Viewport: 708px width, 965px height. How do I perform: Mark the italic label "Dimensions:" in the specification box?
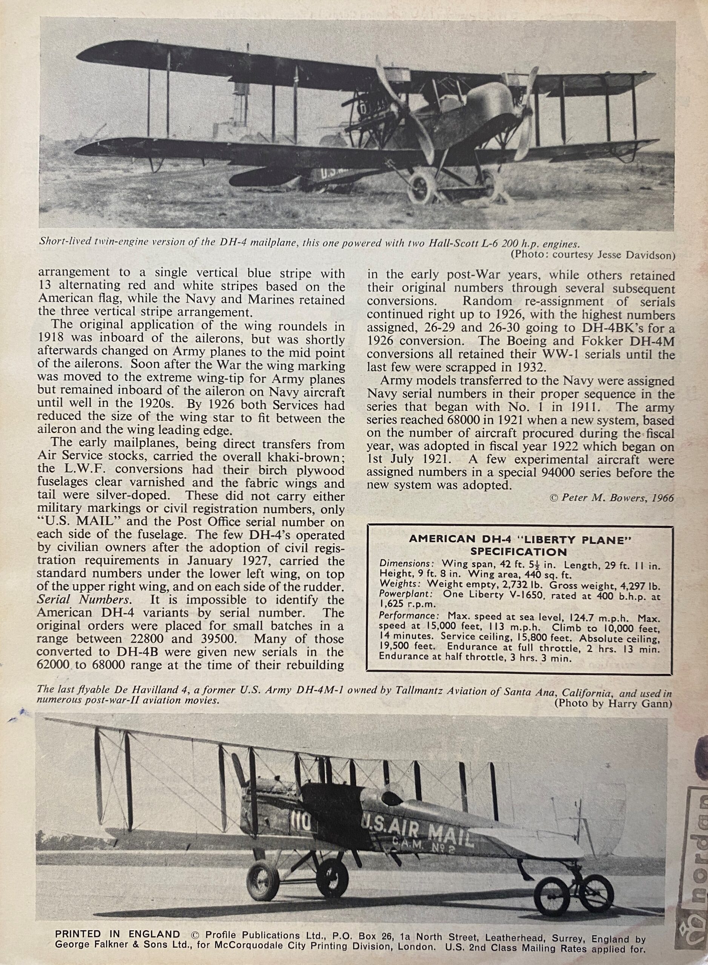point(399,564)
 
